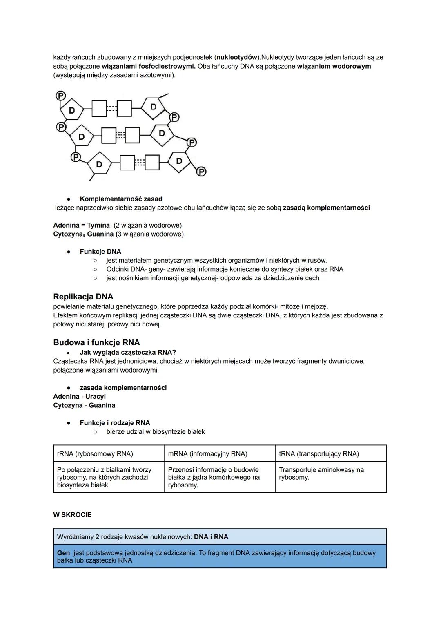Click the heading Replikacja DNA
(x=83, y=297)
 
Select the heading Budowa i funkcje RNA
(x=96, y=342)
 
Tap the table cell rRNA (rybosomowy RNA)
(x=95, y=453)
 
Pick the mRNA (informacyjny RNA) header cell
(x=207, y=453)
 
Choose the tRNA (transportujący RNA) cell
(x=319, y=453)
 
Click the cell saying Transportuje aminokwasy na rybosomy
(x=321, y=473)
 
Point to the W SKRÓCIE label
(x=72, y=515)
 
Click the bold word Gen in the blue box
(x=63, y=553)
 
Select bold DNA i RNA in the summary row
(x=211, y=537)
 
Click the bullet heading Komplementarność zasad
(x=121, y=199)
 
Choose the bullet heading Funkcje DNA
(x=100, y=252)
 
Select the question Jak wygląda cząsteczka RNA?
(x=128, y=352)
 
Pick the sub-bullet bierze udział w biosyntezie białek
(x=156, y=431)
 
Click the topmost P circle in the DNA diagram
(x=60, y=96)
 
